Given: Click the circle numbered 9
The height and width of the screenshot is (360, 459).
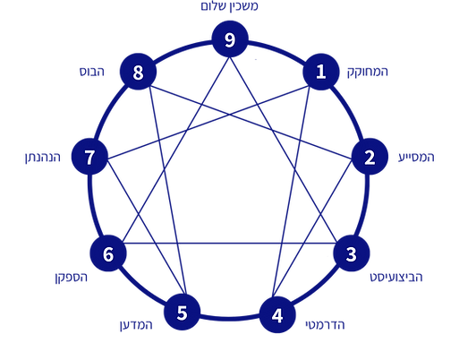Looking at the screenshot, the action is coord(230,39).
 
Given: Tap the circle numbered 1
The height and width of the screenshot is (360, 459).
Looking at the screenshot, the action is coord(321,72).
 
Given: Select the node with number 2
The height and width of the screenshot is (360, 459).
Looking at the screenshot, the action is coord(370,157).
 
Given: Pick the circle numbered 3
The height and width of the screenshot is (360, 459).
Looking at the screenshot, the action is coord(352,253).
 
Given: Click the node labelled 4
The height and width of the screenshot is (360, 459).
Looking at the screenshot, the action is coord(277,315).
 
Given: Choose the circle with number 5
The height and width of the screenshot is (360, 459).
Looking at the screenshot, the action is coord(182,312).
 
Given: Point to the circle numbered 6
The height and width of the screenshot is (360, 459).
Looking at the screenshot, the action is coord(108,253).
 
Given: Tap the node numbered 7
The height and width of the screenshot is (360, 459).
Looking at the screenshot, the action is coord(89,157).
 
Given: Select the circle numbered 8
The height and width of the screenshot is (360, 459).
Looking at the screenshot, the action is coord(138,72).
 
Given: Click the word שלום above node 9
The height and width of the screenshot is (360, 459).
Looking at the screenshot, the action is coord(215,6).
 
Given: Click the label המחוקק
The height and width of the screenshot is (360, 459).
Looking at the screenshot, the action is coord(368,73).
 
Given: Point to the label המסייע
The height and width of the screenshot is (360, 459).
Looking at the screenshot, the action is coord(416,157).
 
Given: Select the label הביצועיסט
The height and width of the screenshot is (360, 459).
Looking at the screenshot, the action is coord(396,278).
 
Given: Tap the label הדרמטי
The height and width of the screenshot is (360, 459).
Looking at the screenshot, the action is coord(325,324).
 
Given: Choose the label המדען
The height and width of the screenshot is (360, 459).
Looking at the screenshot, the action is coord(136,325).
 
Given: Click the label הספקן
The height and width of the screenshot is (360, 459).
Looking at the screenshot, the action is coord(72,278).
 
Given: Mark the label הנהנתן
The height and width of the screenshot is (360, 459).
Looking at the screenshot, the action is coord(43,157).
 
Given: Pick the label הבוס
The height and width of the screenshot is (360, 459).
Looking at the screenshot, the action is coord(92,72).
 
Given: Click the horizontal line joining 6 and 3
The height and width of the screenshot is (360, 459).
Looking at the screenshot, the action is coord(230,244).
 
